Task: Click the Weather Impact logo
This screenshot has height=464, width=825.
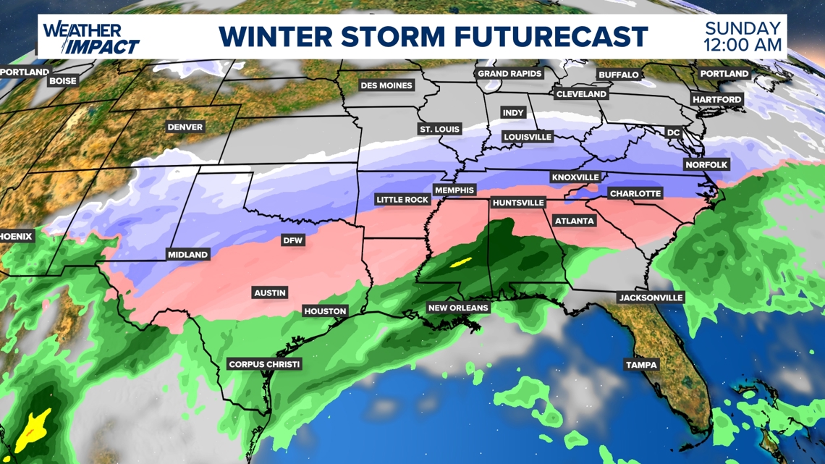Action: (90, 38)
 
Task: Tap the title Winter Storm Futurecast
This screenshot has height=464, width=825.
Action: (433, 36)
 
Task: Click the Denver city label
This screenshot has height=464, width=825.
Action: (185, 127)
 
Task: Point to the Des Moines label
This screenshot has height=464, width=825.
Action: (386, 85)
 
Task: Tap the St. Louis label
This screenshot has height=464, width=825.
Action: (439, 129)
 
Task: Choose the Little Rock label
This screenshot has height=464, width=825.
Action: (402, 199)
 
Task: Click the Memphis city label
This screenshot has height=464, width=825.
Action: (454, 190)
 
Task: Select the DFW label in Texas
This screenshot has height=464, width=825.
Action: (293, 240)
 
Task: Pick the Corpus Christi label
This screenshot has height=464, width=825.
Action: (263, 364)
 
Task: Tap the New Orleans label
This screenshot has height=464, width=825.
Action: (458, 308)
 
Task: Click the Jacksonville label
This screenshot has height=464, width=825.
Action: (651, 298)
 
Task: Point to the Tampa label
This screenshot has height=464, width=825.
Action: (641, 365)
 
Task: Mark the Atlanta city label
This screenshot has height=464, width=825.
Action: (575, 221)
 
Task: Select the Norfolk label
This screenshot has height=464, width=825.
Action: (706, 164)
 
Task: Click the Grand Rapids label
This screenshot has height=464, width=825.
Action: (509, 74)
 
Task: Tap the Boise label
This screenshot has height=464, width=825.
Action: (62, 81)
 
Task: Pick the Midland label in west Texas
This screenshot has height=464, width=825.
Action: (187, 254)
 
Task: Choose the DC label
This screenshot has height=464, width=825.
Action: (674, 132)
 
